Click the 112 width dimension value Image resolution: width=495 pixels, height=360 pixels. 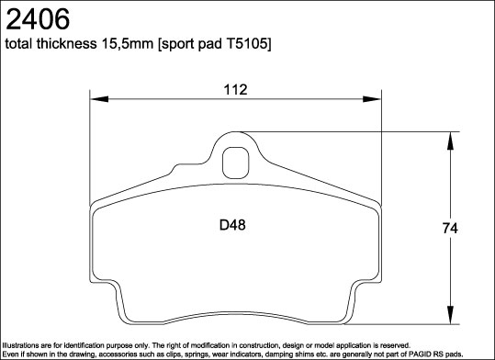[236, 89]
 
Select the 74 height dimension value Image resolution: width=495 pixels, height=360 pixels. [450, 229]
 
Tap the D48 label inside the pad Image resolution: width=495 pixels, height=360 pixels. [231, 223]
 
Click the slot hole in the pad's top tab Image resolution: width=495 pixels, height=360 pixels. [236, 164]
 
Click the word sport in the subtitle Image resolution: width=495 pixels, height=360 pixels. [179, 44]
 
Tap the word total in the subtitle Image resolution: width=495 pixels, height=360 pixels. [21, 44]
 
